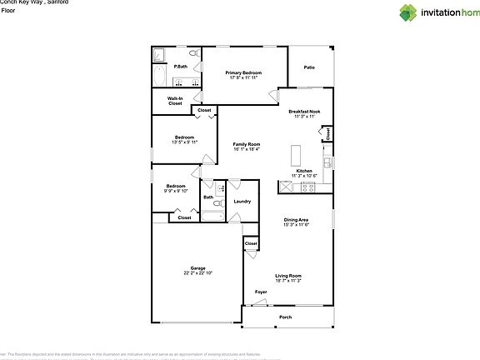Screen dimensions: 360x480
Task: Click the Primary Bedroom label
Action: point(244,72)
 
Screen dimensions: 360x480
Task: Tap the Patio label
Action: point(309,67)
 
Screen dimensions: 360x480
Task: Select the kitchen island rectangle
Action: point(295,156)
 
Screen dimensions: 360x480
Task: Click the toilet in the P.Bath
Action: point(193,54)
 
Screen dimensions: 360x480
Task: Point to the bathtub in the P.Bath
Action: point(158,77)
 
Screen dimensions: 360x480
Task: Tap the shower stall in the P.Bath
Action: point(160,55)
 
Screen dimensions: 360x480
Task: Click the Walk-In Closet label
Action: point(175,101)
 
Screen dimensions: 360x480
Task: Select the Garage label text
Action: point(198,267)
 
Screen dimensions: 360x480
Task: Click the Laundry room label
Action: point(242,201)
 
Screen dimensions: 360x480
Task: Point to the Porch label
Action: point(285,317)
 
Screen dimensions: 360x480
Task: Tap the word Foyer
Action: point(261,292)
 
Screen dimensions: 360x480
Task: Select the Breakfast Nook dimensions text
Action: point(303,117)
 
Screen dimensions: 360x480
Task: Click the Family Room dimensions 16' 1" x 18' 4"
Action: point(246,149)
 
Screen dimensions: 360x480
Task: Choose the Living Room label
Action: point(288,276)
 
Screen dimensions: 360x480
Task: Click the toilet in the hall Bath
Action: point(218,202)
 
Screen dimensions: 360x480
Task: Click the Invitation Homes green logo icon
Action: point(407,12)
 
